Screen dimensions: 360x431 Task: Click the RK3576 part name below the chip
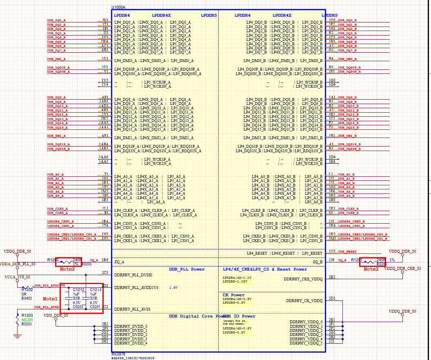point(118,354)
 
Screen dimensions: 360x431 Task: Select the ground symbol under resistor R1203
point(17,336)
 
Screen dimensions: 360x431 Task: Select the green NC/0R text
point(27,320)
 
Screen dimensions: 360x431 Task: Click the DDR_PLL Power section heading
point(187,269)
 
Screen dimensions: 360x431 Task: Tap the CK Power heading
point(233,295)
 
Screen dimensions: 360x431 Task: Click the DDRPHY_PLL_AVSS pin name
point(132,309)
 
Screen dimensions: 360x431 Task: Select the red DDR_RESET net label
point(347,252)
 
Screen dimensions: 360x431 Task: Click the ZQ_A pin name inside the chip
point(119,262)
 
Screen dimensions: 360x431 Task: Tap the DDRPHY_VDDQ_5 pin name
point(306,343)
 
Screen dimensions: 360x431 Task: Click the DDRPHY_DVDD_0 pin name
point(131,326)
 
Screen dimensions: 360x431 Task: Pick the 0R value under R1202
point(24,294)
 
